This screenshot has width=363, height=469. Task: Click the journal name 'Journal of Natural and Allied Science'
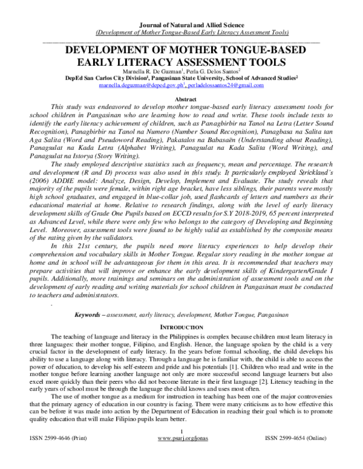tap(182, 24)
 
